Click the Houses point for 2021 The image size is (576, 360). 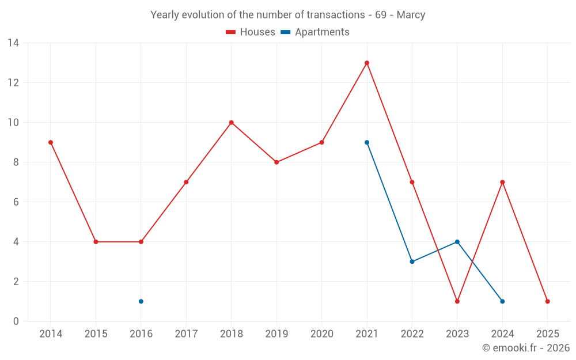(367, 63)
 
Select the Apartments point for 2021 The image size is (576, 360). (367, 142)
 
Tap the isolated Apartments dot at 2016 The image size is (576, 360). (141, 301)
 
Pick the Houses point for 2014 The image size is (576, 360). (51, 142)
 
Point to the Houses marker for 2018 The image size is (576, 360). (232, 122)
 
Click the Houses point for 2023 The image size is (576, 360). (457, 301)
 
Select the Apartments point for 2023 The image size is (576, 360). (457, 242)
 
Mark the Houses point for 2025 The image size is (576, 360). (548, 301)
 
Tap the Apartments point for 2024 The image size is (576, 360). (502, 301)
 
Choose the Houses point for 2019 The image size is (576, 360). (276, 162)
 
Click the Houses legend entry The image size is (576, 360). (251, 32)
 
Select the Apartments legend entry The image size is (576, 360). (316, 32)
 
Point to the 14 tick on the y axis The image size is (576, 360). (13, 43)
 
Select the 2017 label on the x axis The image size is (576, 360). (186, 334)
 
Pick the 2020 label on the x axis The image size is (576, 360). (321, 334)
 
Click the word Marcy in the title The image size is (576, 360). (411, 15)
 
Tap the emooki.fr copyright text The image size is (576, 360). (526, 348)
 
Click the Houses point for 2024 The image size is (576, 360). (502, 182)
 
